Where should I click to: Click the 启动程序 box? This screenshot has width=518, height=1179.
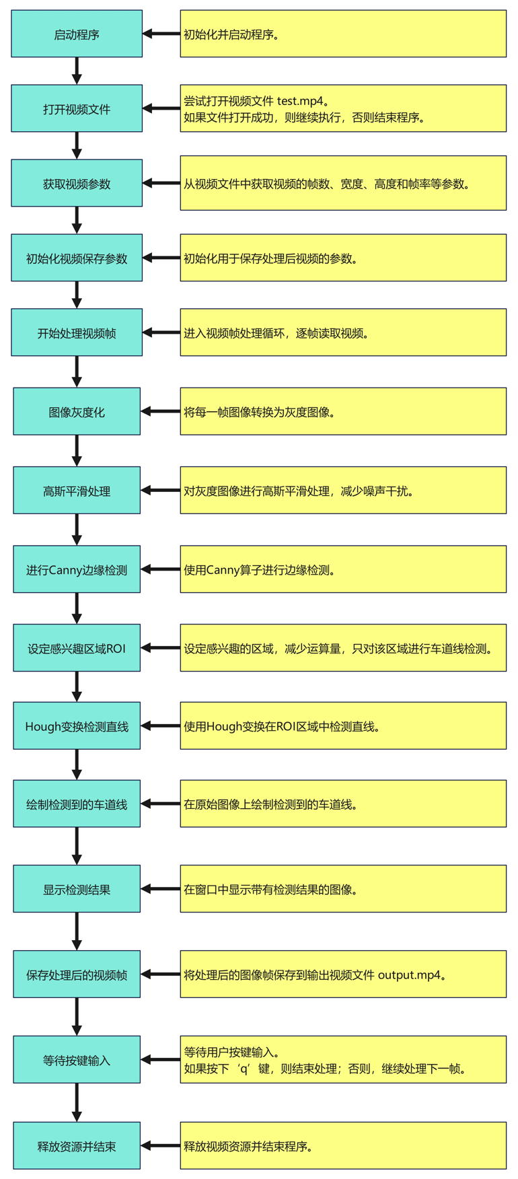pyautogui.click(x=77, y=34)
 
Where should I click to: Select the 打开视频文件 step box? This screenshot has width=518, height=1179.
pyautogui.click(x=77, y=108)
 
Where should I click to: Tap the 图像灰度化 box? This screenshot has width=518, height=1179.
pyautogui.click(x=77, y=412)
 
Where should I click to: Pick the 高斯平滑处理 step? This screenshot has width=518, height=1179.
pyautogui.click(x=77, y=491)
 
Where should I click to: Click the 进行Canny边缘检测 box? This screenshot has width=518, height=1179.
pyautogui.click(x=77, y=569)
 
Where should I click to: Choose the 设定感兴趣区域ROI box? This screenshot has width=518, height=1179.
pyautogui.click(x=77, y=648)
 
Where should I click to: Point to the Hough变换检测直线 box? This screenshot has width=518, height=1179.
pyautogui.click(x=77, y=726)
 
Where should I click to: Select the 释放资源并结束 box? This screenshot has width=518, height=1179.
pyautogui.click(x=77, y=1145)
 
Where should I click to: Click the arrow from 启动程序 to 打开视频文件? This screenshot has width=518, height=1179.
pyautogui.click(x=77, y=71)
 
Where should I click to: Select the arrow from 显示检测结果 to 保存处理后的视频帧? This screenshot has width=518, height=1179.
pyautogui.click(x=77, y=931)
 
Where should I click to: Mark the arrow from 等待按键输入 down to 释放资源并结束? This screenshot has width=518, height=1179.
pyautogui.click(x=77, y=1102)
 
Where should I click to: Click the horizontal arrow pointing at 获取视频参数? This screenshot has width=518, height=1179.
pyautogui.click(x=161, y=183)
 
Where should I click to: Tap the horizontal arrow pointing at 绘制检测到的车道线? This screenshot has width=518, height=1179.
pyautogui.click(x=161, y=803)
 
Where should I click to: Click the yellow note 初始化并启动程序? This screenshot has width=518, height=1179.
pyautogui.click(x=343, y=34)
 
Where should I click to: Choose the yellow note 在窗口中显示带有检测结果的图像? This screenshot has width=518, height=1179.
pyautogui.click(x=343, y=889)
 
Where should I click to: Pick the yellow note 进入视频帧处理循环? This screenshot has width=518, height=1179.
pyautogui.click(x=343, y=332)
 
